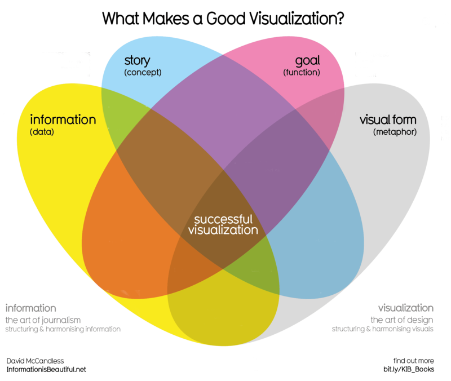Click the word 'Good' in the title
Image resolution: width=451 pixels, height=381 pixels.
click(x=225, y=19)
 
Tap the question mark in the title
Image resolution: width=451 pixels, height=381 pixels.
click(x=340, y=19)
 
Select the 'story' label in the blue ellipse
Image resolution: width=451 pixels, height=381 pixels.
click(x=137, y=61)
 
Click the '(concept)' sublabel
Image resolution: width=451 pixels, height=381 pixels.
click(x=143, y=73)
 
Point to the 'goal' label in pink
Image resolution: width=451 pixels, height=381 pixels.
click(x=307, y=61)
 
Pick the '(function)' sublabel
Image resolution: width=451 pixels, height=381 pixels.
click(x=302, y=73)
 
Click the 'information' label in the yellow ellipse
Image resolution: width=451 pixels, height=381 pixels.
click(x=63, y=119)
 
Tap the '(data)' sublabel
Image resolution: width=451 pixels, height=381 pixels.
click(x=42, y=132)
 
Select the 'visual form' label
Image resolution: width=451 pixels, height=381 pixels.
click(x=388, y=119)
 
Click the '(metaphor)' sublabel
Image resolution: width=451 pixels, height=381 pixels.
click(x=395, y=132)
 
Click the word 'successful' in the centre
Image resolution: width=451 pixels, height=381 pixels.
click(x=223, y=219)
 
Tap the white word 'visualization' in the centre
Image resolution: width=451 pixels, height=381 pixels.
click(x=223, y=230)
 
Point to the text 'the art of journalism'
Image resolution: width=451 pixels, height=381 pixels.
click(x=43, y=320)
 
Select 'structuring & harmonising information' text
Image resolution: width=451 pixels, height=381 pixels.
click(x=63, y=329)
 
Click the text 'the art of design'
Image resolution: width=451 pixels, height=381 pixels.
click(x=402, y=320)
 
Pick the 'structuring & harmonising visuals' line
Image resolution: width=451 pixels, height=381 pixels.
click(x=383, y=329)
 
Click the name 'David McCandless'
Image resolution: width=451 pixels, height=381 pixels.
click(x=35, y=361)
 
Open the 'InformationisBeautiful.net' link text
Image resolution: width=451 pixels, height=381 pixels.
click(x=46, y=370)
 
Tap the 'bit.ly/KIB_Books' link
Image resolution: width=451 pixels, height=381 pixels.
click(x=409, y=370)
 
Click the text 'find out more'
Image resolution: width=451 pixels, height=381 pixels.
click(x=414, y=361)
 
